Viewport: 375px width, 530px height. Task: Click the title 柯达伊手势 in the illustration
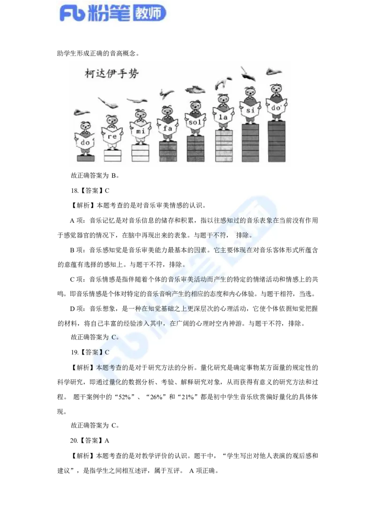pos(112,74)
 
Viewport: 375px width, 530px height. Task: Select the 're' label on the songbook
pos(112,136)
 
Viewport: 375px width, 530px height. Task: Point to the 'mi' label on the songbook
pos(140,131)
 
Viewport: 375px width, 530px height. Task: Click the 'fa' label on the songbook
pos(167,126)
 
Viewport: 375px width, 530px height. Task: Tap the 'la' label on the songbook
pos(223,116)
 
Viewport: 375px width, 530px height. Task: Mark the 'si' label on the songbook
pos(250,110)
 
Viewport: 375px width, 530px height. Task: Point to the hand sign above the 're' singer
pos(109,103)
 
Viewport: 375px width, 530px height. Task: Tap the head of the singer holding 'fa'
pos(167,111)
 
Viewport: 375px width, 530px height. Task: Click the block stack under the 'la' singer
pos(224,146)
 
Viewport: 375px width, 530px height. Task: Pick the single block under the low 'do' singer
pos(85,158)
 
